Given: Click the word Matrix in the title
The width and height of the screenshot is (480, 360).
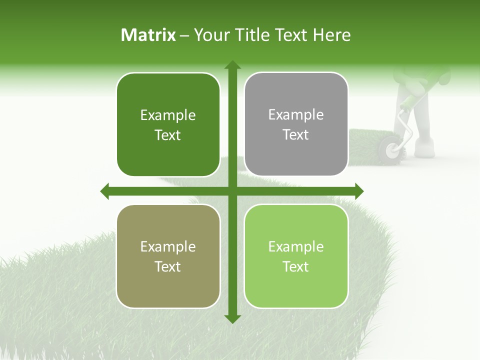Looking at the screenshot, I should coord(148,35).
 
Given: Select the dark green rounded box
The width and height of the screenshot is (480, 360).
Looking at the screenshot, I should coord(168,124).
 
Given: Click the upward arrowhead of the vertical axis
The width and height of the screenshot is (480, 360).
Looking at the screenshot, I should coord(232,64).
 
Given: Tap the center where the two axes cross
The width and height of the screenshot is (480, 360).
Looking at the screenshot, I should coord(232,191).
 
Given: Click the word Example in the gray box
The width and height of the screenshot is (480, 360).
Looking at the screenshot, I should coord(296,115).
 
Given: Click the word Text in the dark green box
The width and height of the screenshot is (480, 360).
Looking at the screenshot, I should coord(168,135).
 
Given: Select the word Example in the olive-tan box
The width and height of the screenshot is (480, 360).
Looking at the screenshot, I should coord(168,246).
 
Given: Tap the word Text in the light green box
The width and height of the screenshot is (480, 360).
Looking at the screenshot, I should coord(296,266).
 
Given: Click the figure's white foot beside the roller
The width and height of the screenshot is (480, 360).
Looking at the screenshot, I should coord(425,149).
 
